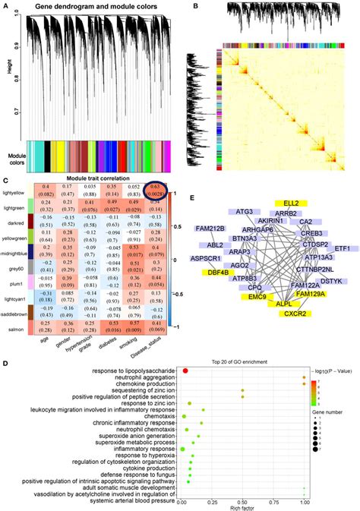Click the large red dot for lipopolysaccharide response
pyautogui.click(x=185, y=371)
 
